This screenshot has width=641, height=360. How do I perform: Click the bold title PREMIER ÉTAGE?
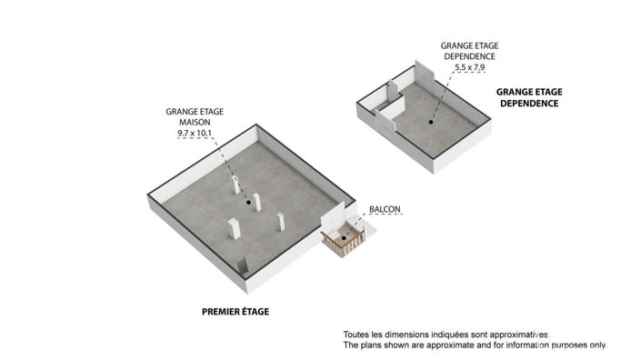(235, 312)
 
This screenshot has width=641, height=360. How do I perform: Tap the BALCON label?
(385, 209)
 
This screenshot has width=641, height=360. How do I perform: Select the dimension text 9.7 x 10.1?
(195, 133)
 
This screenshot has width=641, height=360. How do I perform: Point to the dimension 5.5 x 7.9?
(470, 67)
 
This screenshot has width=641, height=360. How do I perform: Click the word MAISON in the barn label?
(195, 122)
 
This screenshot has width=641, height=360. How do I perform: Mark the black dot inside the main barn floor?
(248, 202)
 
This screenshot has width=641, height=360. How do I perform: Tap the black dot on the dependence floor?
(431, 122)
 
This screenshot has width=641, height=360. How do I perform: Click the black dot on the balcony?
(344, 238)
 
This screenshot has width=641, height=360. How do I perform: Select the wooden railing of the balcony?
(344, 243)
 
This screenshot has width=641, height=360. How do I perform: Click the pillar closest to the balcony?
(281, 222)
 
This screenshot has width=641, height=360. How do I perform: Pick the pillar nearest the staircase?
(234, 228)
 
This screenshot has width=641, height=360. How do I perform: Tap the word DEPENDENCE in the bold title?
(529, 104)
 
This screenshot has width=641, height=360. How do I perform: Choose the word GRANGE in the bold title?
(511, 92)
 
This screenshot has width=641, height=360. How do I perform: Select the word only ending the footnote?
(597, 345)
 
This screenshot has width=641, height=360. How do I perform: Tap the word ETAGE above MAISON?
(210, 112)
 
